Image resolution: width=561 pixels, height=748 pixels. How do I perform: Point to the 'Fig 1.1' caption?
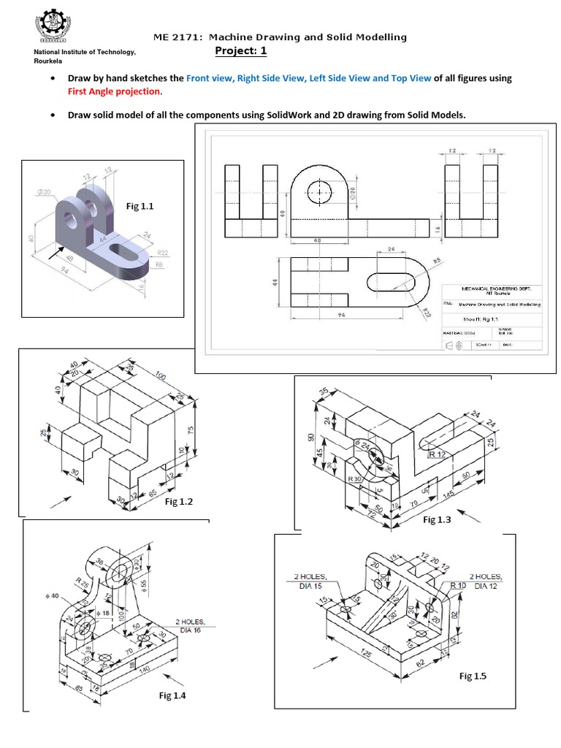click(x=142, y=207)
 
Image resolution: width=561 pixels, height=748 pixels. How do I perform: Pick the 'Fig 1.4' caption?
click(x=172, y=695)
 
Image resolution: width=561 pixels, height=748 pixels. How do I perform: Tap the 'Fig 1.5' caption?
click(x=473, y=676)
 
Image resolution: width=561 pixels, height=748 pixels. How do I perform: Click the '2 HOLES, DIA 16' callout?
click(x=191, y=625)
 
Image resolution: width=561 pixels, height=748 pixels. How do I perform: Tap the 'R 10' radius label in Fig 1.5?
click(x=458, y=586)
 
